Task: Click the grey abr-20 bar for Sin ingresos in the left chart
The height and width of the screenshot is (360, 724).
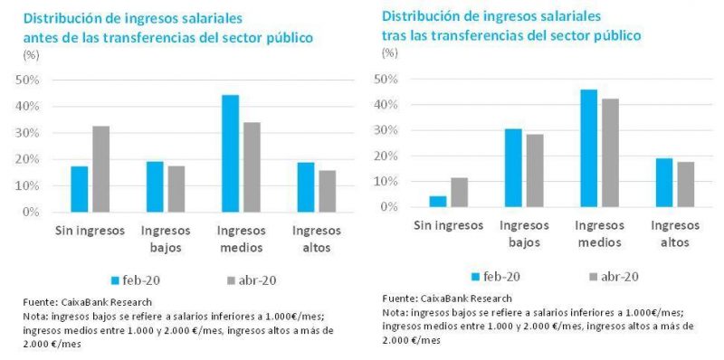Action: tap(101, 169)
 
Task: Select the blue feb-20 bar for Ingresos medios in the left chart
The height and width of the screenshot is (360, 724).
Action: tap(231, 154)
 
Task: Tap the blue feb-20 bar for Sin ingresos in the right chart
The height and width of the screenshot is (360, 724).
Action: tap(438, 201)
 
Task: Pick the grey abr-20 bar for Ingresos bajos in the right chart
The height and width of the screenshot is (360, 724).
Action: tap(535, 170)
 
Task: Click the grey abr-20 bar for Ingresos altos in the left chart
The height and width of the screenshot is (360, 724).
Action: tap(328, 192)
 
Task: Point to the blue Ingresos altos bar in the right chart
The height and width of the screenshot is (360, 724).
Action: tap(664, 183)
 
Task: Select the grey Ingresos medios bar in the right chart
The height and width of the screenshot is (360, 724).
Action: tap(610, 153)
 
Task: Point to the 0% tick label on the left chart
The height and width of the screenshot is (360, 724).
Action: tap(33, 213)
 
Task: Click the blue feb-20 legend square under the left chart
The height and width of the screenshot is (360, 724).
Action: tap(116, 280)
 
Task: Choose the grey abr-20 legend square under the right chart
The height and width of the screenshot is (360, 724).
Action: tap(593, 277)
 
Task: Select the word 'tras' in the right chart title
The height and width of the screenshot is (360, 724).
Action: tap(394, 35)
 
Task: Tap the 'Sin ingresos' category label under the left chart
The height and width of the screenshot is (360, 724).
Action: tap(90, 231)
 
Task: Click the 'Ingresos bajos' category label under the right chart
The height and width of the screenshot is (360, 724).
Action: tap(524, 234)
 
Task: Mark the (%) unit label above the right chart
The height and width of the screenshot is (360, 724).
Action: tap(390, 52)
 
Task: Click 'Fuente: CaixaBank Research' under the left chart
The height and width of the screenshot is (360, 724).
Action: tap(87, 303)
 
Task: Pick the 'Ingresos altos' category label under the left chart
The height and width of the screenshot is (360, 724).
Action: tap(317, 239)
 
